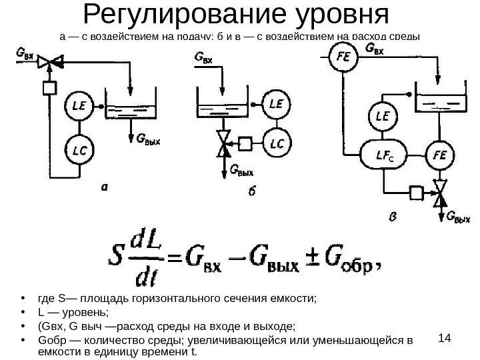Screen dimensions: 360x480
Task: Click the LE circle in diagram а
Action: (x=77, y=106)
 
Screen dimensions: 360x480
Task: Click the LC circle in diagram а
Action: (x=77, y=145)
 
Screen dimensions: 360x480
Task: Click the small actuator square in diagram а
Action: (x=49, y=88)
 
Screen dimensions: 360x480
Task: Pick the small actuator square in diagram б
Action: (x=245, y=143)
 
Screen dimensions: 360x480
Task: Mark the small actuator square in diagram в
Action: (x=417, y=194)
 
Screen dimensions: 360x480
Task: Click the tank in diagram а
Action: (x=130, y=110)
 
